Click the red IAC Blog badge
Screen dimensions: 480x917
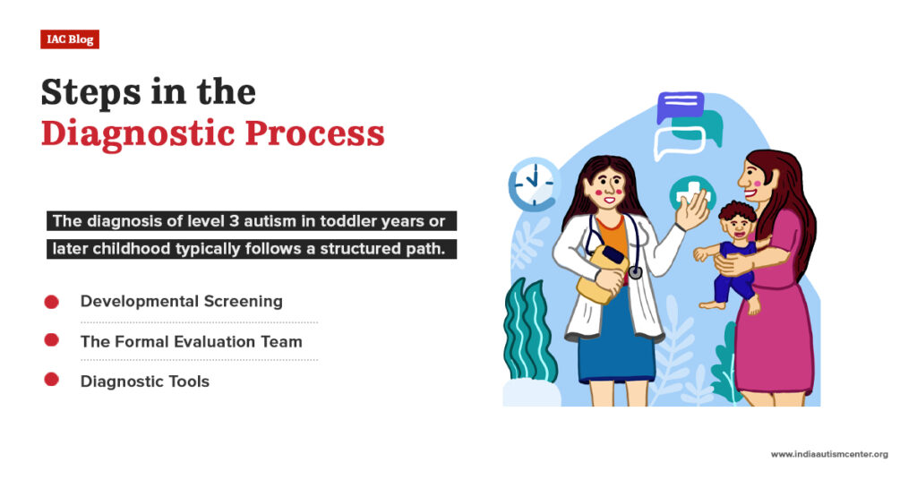coord(70,39)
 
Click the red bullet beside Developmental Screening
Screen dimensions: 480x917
coord(52,302)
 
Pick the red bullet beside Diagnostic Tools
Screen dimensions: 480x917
coord(52,380)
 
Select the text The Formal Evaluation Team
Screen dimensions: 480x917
coord(191,341)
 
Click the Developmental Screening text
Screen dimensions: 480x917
coord(181,302)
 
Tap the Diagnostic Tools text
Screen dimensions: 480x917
coord(144,381)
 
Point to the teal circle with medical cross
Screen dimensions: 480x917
coord(690,193)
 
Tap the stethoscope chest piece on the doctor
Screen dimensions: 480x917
coord(634,271)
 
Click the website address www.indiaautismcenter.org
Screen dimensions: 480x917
coord(829,455)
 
